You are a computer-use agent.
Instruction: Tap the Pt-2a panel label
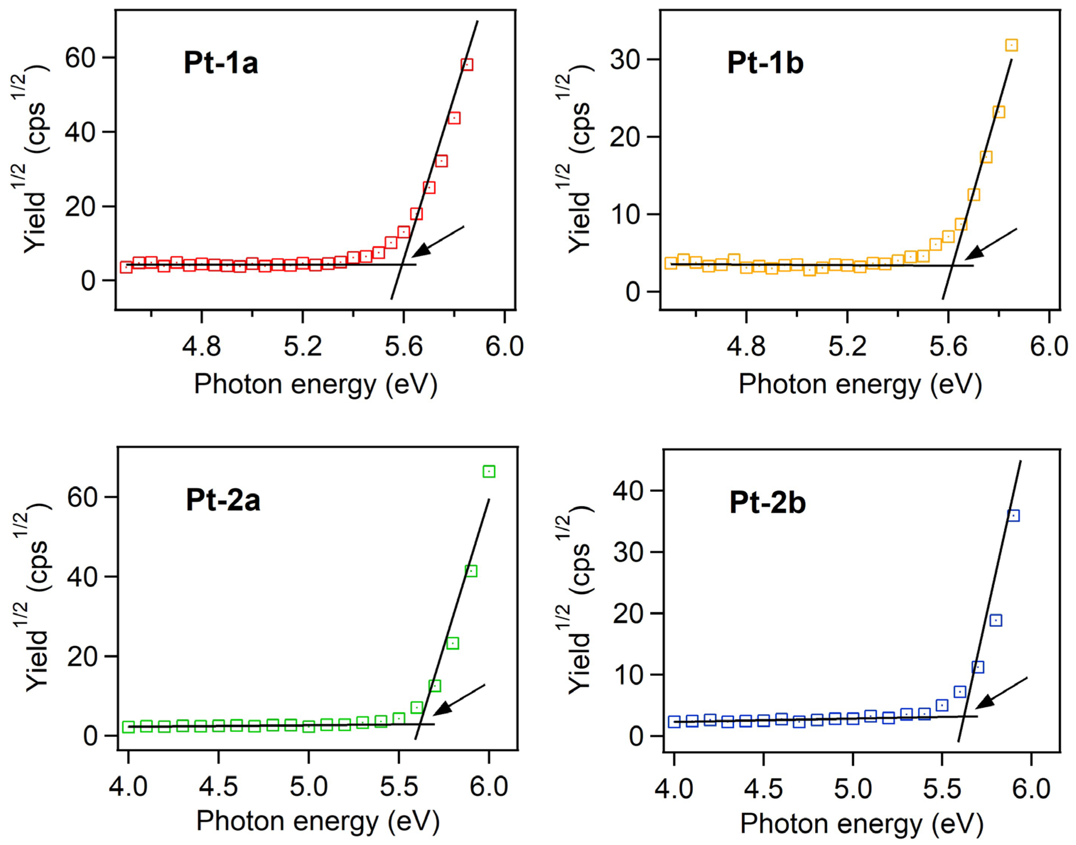223,500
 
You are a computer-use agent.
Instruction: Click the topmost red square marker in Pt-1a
466,65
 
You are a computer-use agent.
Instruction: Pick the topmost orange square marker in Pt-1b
1011,45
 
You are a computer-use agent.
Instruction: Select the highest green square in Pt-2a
488,472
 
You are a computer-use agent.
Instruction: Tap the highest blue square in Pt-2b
1013,516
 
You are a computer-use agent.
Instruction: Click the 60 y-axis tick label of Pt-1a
80,58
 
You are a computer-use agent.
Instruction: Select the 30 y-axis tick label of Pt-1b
625,60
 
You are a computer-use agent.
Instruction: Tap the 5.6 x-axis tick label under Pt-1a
403,346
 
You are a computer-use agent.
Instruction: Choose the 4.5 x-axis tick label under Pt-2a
218,787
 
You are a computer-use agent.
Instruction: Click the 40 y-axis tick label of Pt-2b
628,491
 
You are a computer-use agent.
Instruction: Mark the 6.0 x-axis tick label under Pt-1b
1048,346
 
